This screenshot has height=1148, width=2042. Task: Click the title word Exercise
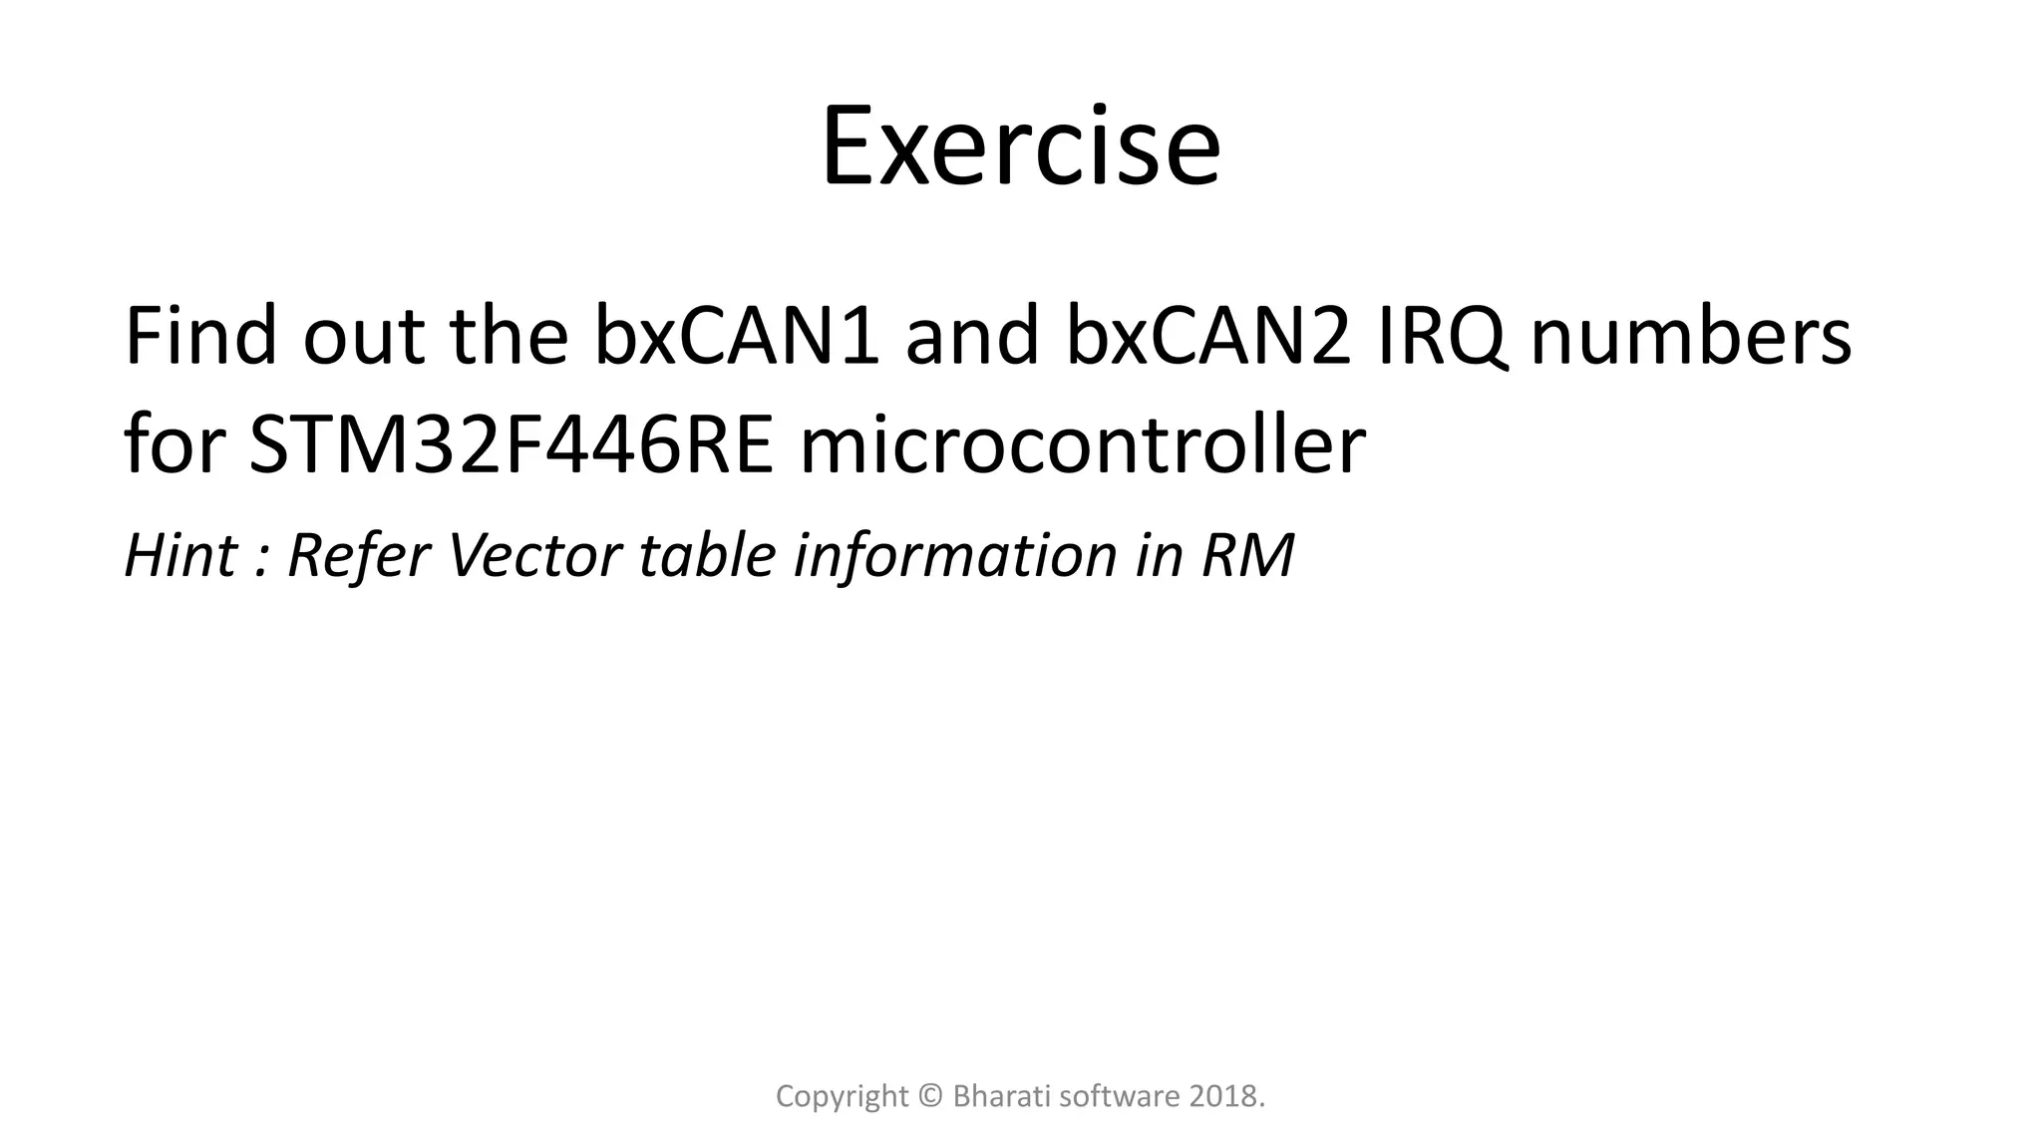(1020, 147)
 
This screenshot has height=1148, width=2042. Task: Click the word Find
(200, 337)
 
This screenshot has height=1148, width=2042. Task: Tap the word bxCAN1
(737, 337)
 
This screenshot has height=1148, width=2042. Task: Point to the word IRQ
(1441, 337)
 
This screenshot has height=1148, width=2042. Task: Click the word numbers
(1690, 337)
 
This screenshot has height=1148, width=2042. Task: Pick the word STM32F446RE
(510, 444)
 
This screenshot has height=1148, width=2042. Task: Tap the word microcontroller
(1082, 444)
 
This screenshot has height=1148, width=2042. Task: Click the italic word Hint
(180, 555)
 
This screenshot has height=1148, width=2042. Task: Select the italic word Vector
(534, 555)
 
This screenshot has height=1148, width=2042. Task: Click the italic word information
(954, 555)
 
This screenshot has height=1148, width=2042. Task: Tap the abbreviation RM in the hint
(1247, 555)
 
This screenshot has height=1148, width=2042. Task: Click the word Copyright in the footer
(842, 1097)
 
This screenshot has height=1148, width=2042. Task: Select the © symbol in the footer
(930, 1097)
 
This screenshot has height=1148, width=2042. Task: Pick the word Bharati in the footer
(1000, 1097)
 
